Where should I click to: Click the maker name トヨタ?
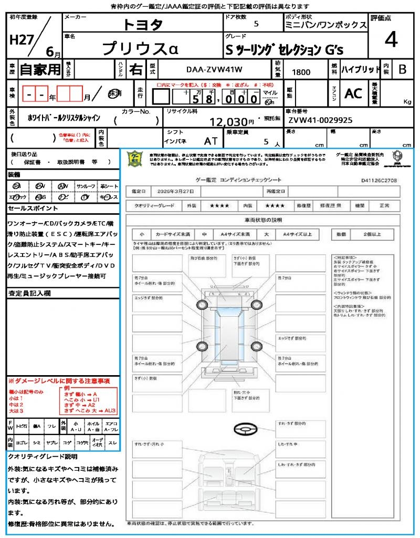[143, 24]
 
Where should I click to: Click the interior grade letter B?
[402, 69]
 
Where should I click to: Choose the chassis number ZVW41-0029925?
[320, 120]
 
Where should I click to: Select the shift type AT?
[211, 141]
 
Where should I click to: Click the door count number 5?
[256, 24]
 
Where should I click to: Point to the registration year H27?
[20, 40]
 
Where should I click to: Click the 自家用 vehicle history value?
[40, 69]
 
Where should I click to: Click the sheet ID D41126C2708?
[379, 180]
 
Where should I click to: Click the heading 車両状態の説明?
[270, 220]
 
